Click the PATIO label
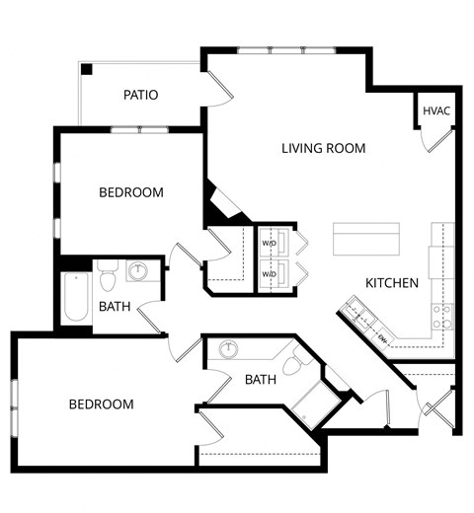coord(141,95)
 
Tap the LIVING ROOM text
coord(323,149)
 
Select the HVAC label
coord(436,110)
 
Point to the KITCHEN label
coord(392,283)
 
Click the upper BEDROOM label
coord(130,192)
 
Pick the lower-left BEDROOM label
coord(101,404)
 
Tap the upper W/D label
coord(269,243)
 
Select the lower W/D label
coord(269,274)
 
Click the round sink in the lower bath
coord(229,349)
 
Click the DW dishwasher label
coord(381,337)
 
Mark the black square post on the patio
coord(88,69)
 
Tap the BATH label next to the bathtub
coord(115,307)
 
